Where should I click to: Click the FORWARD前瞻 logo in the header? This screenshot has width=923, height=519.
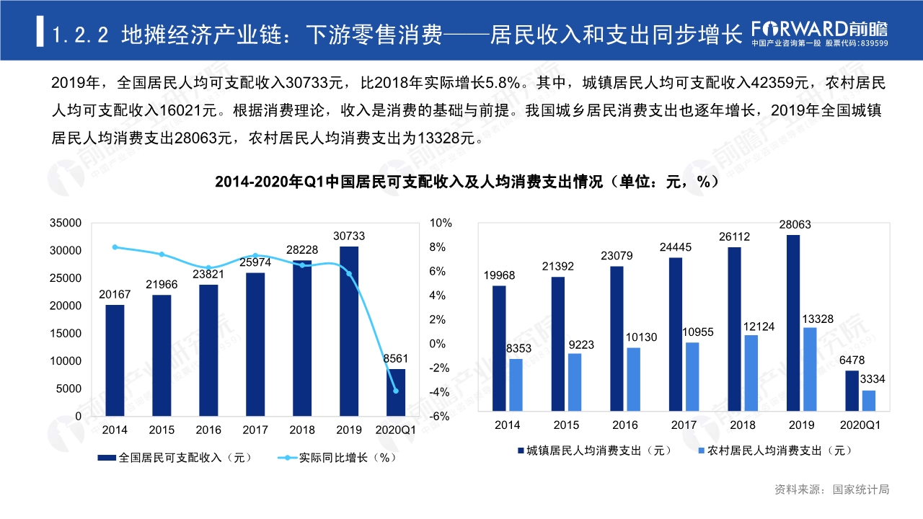coord(819,29)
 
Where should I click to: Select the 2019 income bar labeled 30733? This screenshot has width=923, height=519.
coord(349,332)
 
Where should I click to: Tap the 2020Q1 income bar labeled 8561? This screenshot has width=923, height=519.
coord(396,393)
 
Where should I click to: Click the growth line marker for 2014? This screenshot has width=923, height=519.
coord(115,247)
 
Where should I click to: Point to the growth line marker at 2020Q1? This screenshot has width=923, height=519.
coord(396,391)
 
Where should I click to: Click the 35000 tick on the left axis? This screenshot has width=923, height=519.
coord(65,223)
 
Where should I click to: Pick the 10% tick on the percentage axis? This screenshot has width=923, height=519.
coord(440,223)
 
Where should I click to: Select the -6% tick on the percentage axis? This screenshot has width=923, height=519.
coord(440,417)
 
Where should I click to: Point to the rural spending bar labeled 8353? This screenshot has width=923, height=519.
coord(516,385)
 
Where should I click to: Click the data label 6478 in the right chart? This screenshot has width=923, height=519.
coord(852,360)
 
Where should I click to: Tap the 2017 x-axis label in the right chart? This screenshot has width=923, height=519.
coord(684,425)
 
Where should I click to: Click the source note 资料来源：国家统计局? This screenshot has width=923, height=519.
coord(832,489)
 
